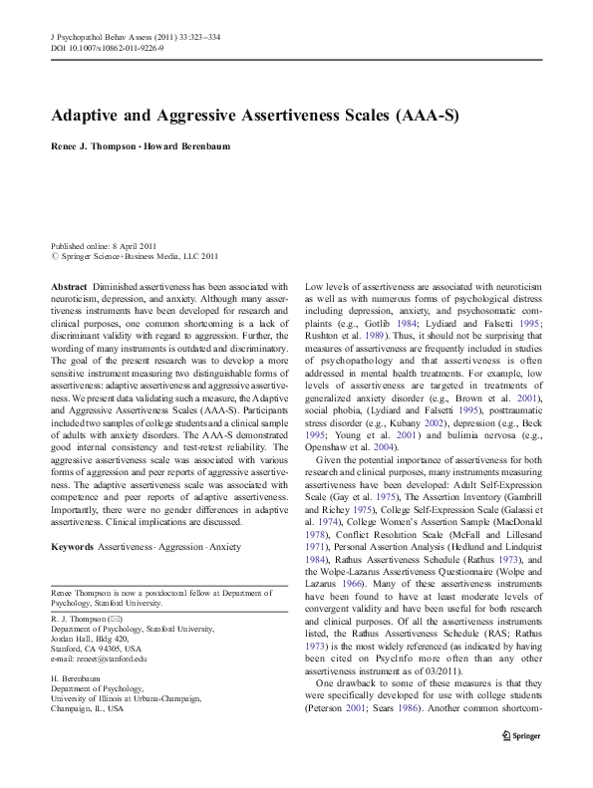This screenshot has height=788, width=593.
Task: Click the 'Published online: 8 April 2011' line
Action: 103,245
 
